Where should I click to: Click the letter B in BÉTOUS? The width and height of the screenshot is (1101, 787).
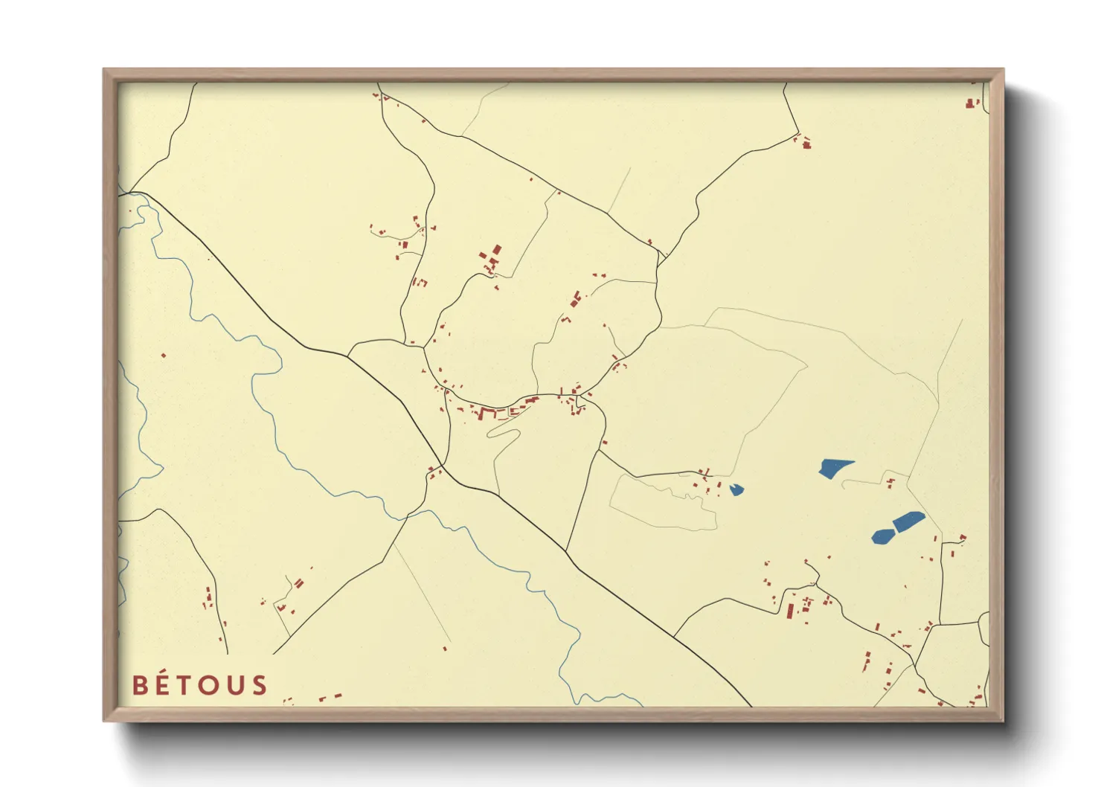coord(141,685)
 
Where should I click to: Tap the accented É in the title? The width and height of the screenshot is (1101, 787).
coord(164,684)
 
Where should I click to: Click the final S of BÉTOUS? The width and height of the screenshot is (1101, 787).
coord(259,685)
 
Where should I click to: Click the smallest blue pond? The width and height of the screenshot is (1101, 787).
coord(736,489)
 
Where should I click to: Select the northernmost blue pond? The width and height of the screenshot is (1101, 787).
coord(834,468)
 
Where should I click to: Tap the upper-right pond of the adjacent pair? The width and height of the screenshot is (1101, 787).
coord(908,521)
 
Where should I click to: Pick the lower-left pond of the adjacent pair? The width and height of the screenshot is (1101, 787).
coord(883,536)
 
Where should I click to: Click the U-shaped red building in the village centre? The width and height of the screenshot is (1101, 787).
coord(488,413)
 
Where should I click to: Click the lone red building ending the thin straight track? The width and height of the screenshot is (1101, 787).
coord(445,649)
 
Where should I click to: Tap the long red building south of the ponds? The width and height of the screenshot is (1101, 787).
coord(790,611)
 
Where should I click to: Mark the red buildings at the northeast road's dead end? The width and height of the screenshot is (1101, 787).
coord(806,143)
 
